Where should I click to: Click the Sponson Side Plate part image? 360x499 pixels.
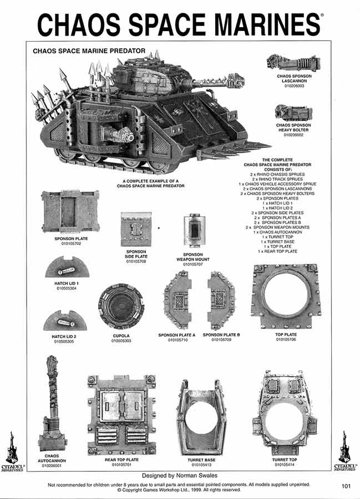pyautogui.click(x=136, y=230)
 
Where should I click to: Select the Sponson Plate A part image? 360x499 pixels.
pyautogui.click(x=177, y=301)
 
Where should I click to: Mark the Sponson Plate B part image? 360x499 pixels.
pyautogui.click(x=221, y=301)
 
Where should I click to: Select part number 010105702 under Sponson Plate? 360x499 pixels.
pyautogui.click(x=71, y=243)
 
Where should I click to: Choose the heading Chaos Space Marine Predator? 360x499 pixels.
pyautogui.click(x=89, y=50)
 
